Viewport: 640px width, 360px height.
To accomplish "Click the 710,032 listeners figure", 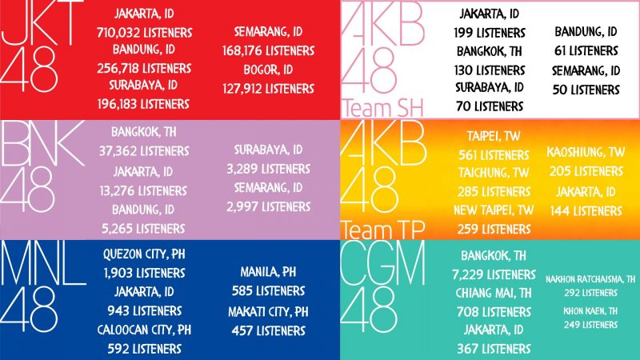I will point(151,33).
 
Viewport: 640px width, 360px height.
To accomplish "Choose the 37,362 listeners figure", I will point(151,150).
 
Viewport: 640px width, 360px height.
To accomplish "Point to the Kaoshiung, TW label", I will point(586,152).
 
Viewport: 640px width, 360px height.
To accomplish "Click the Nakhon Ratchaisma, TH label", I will point(590,279).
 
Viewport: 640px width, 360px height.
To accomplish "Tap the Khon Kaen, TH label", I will point(590,310).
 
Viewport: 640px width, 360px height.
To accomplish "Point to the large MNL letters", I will point(43,264).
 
